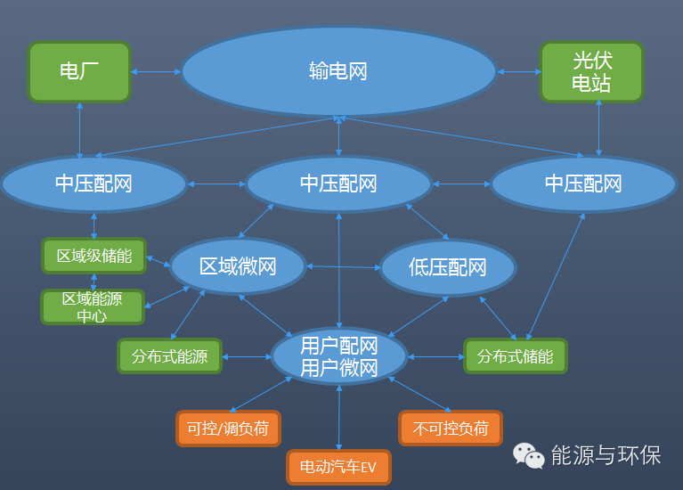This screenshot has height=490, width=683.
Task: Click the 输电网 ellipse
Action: tap(338, 72)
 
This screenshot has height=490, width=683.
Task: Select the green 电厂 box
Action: tap(79, 71)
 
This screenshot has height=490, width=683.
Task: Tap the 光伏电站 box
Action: tap(591, 71)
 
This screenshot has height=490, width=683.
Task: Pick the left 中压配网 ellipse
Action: tap(94, 184)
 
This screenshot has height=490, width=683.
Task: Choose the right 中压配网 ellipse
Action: tap(583, 184)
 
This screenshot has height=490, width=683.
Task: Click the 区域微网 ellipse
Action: tap(238, 266)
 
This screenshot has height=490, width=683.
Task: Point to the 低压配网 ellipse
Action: tap(448, 266)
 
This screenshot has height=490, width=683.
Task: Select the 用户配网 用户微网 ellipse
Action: tap(338, 356)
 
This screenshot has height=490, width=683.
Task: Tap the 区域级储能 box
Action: tap(94, 257)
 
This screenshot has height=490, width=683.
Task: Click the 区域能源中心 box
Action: tap(93, 306)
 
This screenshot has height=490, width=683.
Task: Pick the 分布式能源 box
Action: tap(169, 356)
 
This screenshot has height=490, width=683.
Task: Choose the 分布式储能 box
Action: tap(515, 356)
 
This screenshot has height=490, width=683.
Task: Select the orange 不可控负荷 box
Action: tap(450, 428)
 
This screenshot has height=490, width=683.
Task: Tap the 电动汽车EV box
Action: tap(338, 467)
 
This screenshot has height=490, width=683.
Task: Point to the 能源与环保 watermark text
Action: tap(606, 455)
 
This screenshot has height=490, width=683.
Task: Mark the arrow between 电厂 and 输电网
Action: tap(156, 71)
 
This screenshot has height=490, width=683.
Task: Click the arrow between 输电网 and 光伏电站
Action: tap(519, 71)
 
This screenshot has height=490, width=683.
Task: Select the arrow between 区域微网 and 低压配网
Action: tap(343, 266)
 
